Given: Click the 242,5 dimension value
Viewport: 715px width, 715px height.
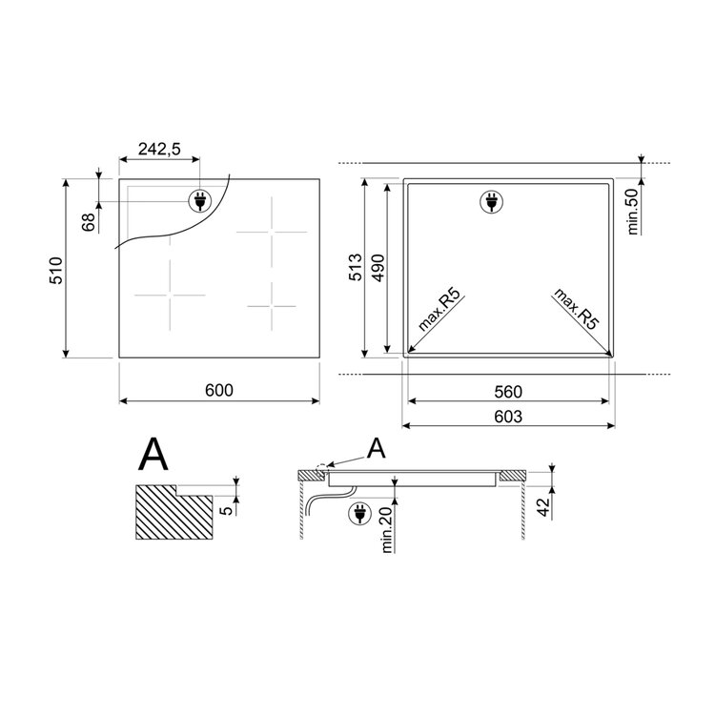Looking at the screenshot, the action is point(159,148).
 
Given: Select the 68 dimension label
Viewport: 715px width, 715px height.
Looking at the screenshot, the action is point(89,222).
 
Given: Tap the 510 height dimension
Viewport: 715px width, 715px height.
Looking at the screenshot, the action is point(55,271).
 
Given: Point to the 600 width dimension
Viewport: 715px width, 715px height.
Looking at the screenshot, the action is point(219,390).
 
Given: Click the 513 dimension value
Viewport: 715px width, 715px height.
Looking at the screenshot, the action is point(355,268).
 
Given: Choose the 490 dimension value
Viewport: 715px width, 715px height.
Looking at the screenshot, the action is point(378,268).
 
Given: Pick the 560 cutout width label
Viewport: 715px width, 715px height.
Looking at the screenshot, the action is point(508,391).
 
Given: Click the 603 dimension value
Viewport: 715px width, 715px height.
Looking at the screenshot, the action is point(508,417).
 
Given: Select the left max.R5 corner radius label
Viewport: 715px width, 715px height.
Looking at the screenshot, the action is point(439,309).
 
